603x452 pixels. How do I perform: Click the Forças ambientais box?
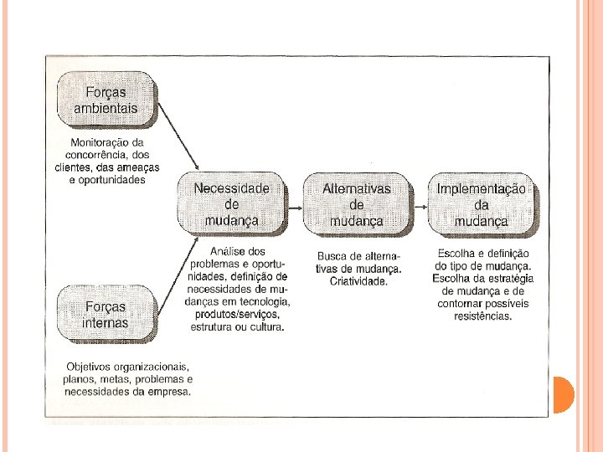click(x=106, y=98)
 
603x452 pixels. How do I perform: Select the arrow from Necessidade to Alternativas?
click(x=294, y=205)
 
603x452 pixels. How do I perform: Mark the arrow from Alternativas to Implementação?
click(x=420, y=205)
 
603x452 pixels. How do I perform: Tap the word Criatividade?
click(x=358, y=281)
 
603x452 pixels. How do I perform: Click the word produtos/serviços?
click(x=236, y=314)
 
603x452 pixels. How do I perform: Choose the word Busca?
click(x=333, y=256)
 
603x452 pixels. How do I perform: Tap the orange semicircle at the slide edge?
click(x=564, y=394)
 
